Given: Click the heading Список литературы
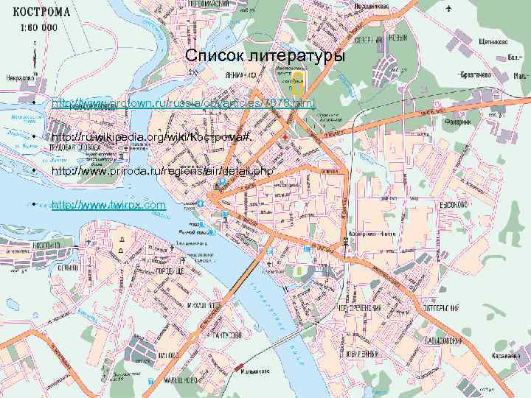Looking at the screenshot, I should click(x=264, y=57).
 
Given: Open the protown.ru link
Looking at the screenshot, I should click(x=183, y=105).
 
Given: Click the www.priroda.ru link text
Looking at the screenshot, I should click(x=163, y=171).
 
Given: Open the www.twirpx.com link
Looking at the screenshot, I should click(x=108, y=203).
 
